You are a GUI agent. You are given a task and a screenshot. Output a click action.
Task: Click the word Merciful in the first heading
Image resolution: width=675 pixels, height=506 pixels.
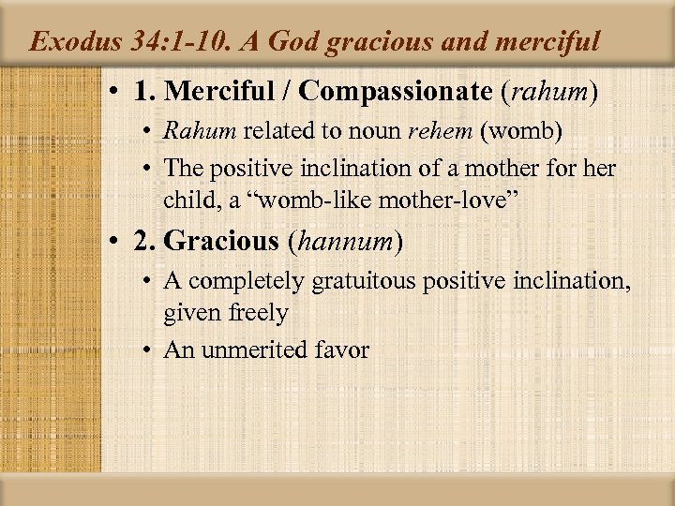(215, 93)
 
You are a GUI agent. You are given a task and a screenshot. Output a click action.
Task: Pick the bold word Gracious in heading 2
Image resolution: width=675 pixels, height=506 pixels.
(221, 242)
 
